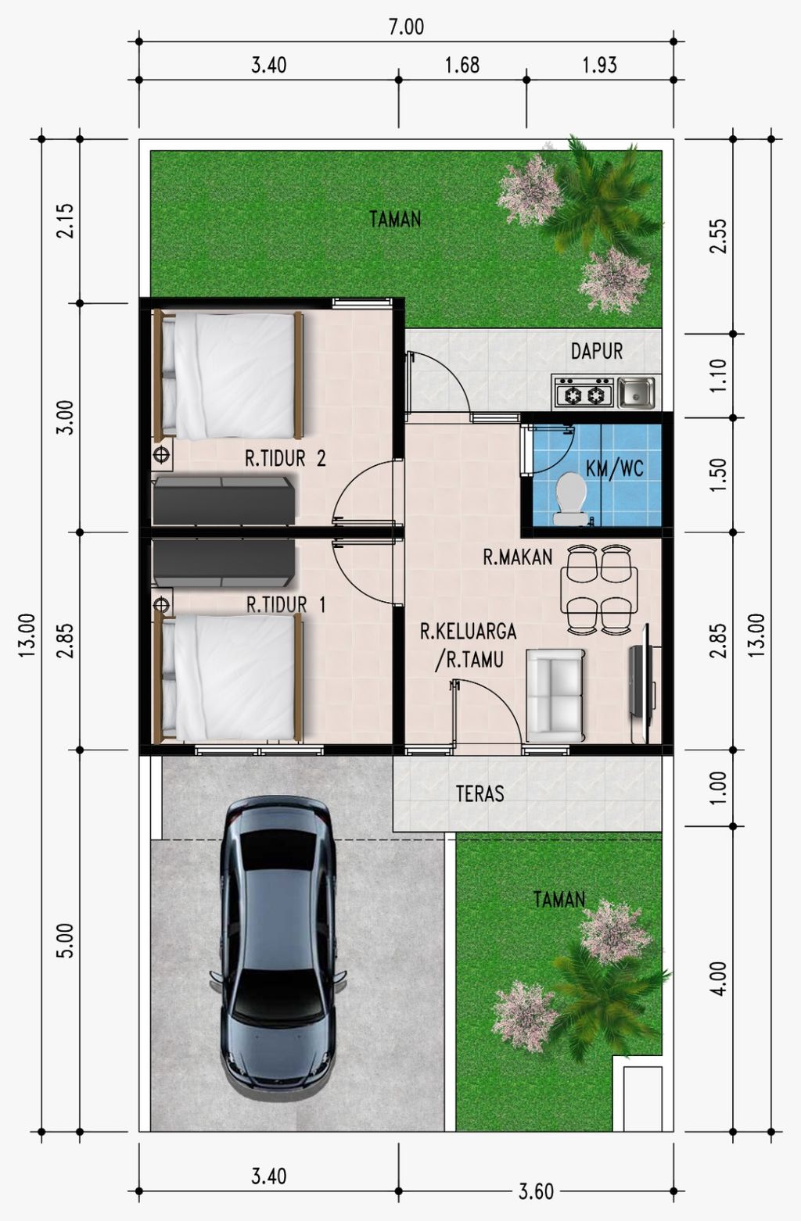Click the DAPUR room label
click(x=597, y=351)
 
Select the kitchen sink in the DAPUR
click(x=636, y=392)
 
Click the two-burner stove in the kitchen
click(x=584, y=392)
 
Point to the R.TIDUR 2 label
click(x=286, y=458)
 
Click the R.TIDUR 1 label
click(x=286, y=604)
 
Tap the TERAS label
click(x=480, y=793)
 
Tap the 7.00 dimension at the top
click(x=406, y=27)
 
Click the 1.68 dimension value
click(x=462, y=66)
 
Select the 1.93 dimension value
click(x=600, y=66)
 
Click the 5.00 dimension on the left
click(x=64, y=940)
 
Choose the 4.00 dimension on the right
click(x=719, y=979)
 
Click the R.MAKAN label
click(x=518, y=557)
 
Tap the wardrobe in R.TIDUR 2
click(x=224, y=501)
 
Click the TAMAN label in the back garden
click(x=395, y=219)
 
